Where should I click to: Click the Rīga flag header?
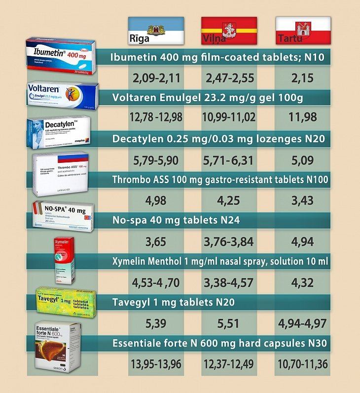point(156,31)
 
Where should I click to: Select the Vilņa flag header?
point(229,31)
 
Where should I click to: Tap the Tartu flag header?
point(302,31)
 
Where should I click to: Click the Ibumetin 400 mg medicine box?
point(62,55)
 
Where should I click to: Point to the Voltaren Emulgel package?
point(63,96)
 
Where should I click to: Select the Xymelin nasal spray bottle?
point(65,260)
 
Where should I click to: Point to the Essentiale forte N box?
point(58,346)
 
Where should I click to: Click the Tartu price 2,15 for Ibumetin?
point(302,78)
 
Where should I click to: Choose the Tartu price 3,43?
point(302,201)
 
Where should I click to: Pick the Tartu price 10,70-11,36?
point(302,365)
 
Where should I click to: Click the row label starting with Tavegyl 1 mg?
point(173,302)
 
